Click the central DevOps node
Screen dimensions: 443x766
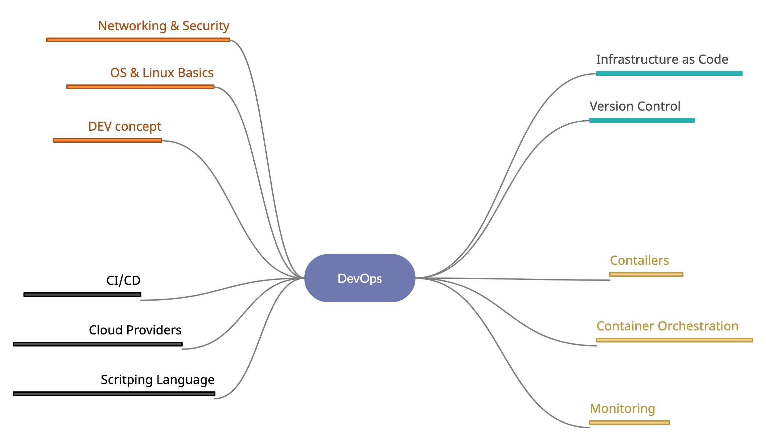pos(360,278)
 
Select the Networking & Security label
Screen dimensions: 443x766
pos(164,26)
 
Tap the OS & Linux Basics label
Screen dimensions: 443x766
pos(162,73)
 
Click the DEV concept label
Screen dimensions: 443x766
pos(125,126)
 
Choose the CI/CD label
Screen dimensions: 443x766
pos(123,280)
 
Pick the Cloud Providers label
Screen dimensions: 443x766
pos(135,330)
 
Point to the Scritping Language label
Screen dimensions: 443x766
pos(157,380)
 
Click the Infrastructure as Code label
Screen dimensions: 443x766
pos(662,59)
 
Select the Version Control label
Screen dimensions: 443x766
pos(635,106)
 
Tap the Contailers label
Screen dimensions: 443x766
pos(639,260)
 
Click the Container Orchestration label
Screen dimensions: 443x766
pos(667,326)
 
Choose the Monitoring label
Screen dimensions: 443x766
pos(623,408)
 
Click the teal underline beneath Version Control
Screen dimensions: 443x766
pos(642,120)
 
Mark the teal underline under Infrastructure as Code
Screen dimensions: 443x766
pos(669,73)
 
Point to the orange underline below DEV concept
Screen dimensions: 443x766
pos(108,140)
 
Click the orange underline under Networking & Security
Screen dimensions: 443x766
pos(138,40)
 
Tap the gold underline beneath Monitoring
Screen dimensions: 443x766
pos(629,423)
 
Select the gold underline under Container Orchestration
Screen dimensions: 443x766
pos(674,340)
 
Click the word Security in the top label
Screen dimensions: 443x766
pos(206,26)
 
